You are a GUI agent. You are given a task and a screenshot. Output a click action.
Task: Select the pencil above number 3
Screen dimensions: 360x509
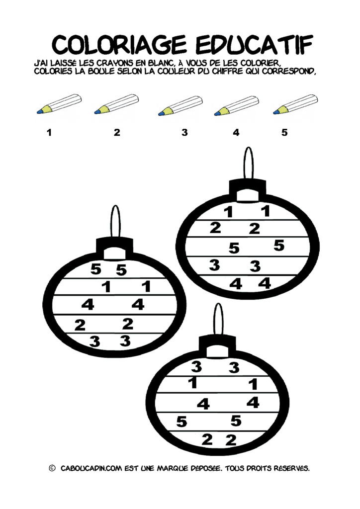click(180, 105)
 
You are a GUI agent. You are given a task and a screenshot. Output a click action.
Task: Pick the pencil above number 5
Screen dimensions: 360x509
click(295, 104)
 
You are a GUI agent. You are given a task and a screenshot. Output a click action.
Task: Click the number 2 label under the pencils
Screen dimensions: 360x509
click(117, 132)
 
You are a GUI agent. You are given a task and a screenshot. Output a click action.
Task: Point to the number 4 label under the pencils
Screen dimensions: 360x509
click(236, 132)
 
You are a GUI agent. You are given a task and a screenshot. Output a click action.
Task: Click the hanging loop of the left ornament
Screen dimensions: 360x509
click(115, 221)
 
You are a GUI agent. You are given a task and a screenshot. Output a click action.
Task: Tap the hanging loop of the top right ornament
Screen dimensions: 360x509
click(248, 163)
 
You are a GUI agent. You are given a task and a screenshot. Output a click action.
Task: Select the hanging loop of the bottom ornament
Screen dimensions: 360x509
click(218, 320)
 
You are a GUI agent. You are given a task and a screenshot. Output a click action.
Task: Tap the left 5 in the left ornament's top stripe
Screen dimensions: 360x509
click(96, 269)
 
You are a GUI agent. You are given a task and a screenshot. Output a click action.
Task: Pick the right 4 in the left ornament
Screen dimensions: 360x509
click(138, 305)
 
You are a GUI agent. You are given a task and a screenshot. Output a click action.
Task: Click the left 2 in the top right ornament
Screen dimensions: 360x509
click(215, 228)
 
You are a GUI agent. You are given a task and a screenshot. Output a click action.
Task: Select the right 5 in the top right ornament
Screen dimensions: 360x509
click(279, 245)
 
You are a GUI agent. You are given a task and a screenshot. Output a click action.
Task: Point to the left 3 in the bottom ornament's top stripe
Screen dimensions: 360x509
click(196, 366)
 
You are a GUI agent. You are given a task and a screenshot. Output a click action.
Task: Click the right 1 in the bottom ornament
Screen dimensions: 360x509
click(253, 384)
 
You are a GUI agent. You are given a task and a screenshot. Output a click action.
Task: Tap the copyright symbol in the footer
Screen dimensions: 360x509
click(52, 468)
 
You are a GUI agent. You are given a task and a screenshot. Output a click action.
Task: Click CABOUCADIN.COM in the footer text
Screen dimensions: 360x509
click(91, 468)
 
